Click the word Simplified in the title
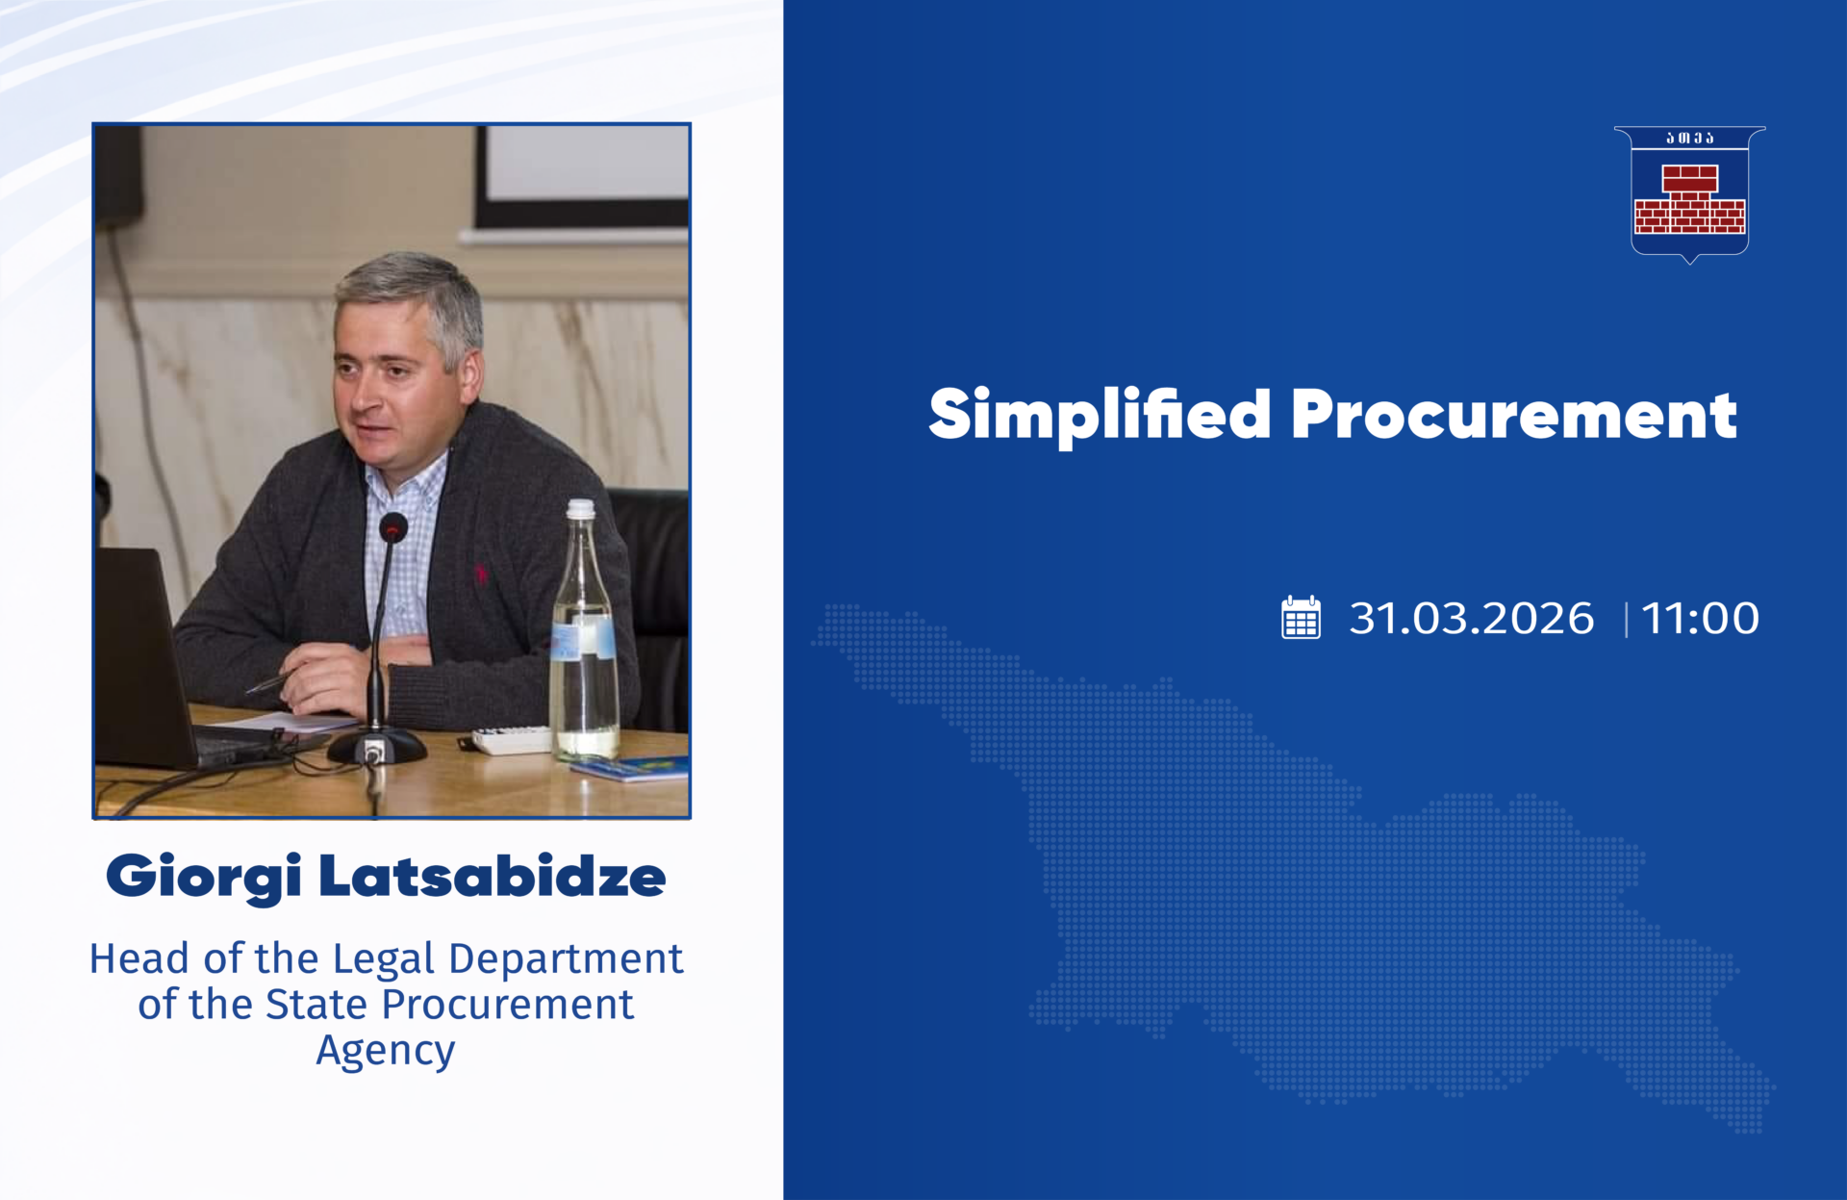[x=1100, y=416]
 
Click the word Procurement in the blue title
[x=1514, y=416]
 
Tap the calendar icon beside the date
[x=1301, y=617]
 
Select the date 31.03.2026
[x=1471, y=618]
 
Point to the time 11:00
[x=1700, y=618]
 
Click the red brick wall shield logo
[x=1689, y=194]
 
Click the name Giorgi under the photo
[x=204, y=877]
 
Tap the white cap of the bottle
[x=580, y=509]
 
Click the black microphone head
[x=393, y=527]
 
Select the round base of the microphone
[x=376, y=746]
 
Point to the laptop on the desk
[x=154, y=664]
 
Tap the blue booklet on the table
[x=630, y=768]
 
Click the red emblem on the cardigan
[x=480, y=574]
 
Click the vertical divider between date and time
[x=1626, y=619]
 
